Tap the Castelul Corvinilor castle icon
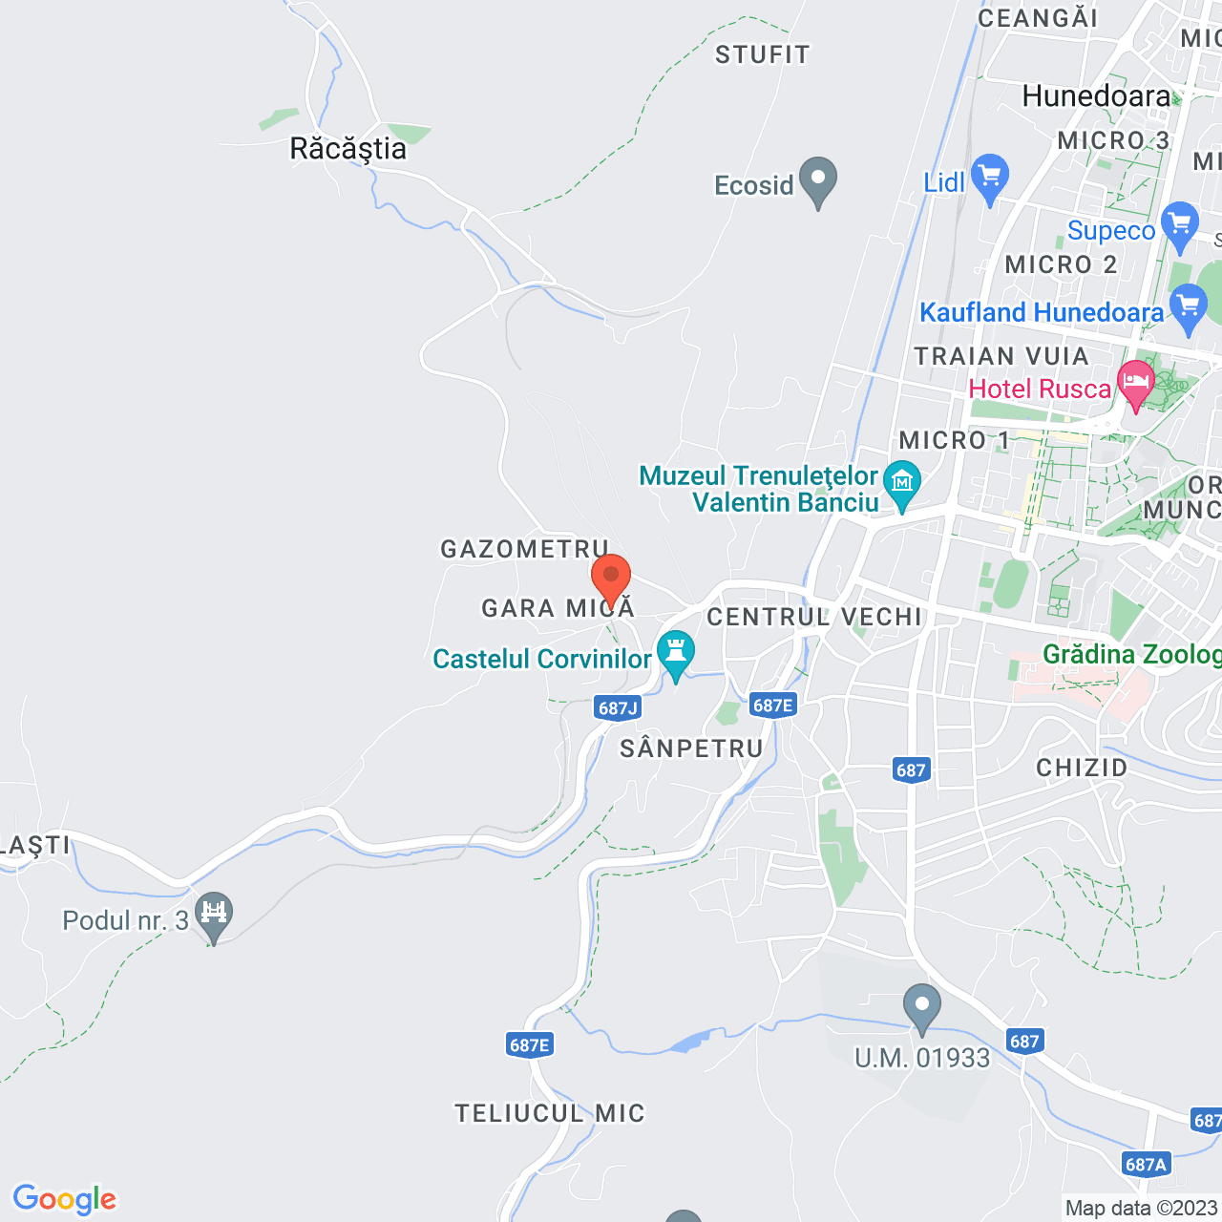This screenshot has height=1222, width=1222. pos(676,654)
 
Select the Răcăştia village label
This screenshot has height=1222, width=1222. pos(348,149)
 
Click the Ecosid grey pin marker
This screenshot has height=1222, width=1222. pos(818,179)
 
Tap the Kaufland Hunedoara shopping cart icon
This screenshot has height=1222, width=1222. pos(1189,307)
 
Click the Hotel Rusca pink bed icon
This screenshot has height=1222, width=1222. pos(1136,383)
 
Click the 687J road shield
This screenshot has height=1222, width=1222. pos(618,707)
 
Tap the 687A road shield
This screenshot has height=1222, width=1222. pos(1146,1164)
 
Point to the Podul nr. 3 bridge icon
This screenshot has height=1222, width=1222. pos(214,915)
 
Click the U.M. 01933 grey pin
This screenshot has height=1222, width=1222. pos(922,1006)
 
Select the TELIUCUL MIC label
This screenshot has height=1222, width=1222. pos(550,1113)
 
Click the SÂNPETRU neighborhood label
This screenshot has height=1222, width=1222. pos(691,748)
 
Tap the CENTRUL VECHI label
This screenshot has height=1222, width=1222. pos(814,617)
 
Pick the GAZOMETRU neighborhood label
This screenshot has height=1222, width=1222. pos(524,549)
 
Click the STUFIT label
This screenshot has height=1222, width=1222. pos(762,54)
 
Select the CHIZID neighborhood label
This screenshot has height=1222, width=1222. pos(1082,768)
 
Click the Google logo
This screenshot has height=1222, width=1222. pos(65,1199)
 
